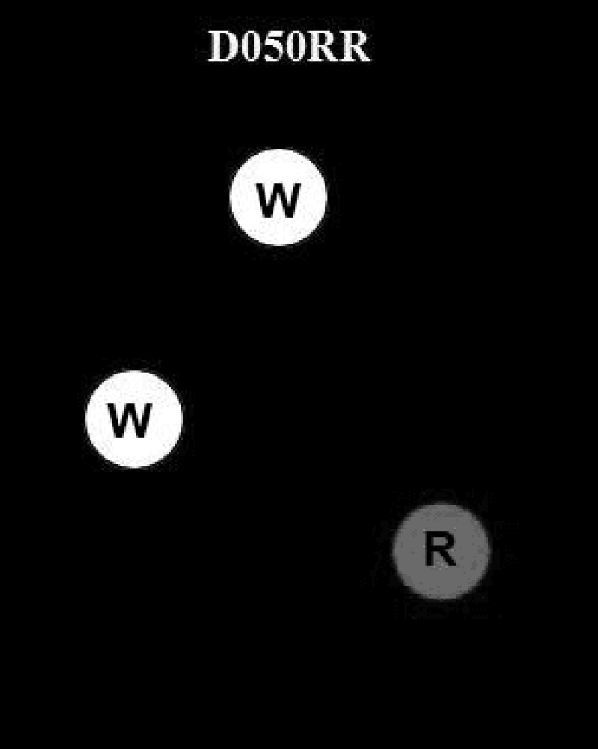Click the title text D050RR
coord(289,47)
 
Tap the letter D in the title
coord(222,47)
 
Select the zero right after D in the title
coord(248,47)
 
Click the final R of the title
coord(354,47)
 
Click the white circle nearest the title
coord(278,198)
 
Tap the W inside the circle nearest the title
coord(278,200)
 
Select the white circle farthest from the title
coord(134,419)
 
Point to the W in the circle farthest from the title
coord(130,421)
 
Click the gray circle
coord(441,551)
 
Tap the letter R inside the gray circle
coord(440,550)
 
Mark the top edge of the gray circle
coord(441,504)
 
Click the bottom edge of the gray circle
coord(441,599)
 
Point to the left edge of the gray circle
coord(394,551)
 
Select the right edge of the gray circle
coord(489,551)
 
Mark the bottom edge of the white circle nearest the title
coord(278,245)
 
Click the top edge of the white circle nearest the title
coord(278,150)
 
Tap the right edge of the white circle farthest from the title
coord(182,419)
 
